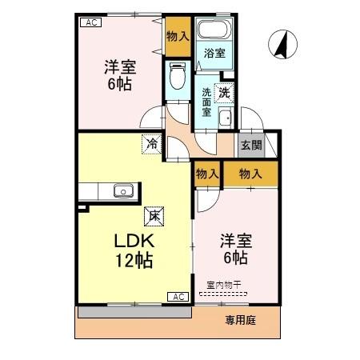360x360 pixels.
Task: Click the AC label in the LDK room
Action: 178,297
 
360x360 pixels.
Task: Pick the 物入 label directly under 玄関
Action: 251,173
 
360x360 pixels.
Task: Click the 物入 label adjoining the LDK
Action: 207,173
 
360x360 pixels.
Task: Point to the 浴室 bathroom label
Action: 213,54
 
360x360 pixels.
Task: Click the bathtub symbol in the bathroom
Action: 214,32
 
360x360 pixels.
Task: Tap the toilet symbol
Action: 178,78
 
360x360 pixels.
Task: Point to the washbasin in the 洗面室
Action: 226,119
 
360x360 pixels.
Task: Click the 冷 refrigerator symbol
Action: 151,145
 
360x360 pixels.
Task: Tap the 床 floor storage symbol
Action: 151,214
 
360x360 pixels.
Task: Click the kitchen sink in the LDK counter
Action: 122,190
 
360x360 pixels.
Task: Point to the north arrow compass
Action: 280,44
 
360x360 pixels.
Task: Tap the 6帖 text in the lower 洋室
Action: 234,258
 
